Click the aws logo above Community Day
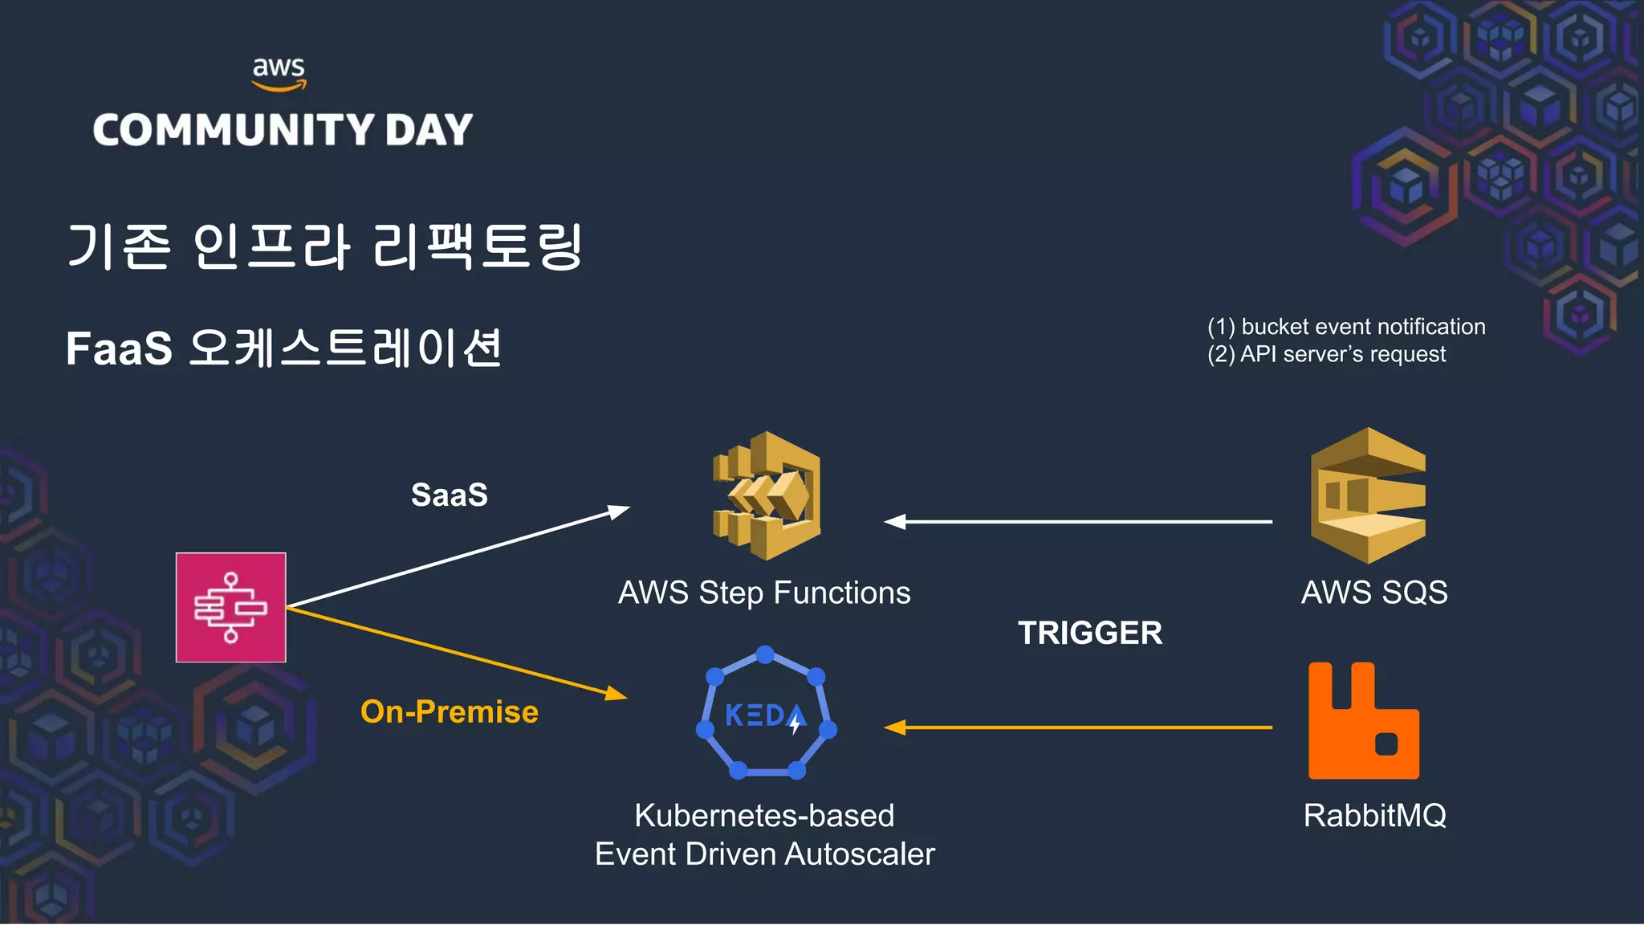(x=279, y=73)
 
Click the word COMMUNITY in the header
(x=234, y=130)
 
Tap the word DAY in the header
(x=429, y=130)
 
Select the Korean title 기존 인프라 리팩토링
(x=324, y=246)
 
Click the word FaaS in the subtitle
(x=119, y=348)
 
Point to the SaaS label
(x=449, y=495)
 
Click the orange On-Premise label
(x=449, y=711)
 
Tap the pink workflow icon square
(x=231, y=607)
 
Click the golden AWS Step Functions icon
(x=767, y=495)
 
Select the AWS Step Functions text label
(x=764, y=593)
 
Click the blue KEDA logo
(x=766, y=714)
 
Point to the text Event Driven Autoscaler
(x=764, y=854)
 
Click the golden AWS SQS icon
(x=1368, y=495)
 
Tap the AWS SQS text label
(x=1374, y=593)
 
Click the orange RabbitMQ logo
(x=1363, y=720)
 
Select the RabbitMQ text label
(x=1374, y=816)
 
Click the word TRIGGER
(x=1089, y=633)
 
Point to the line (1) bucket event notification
(x=1346, y=327)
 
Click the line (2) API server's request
(x=1326, y=354)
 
